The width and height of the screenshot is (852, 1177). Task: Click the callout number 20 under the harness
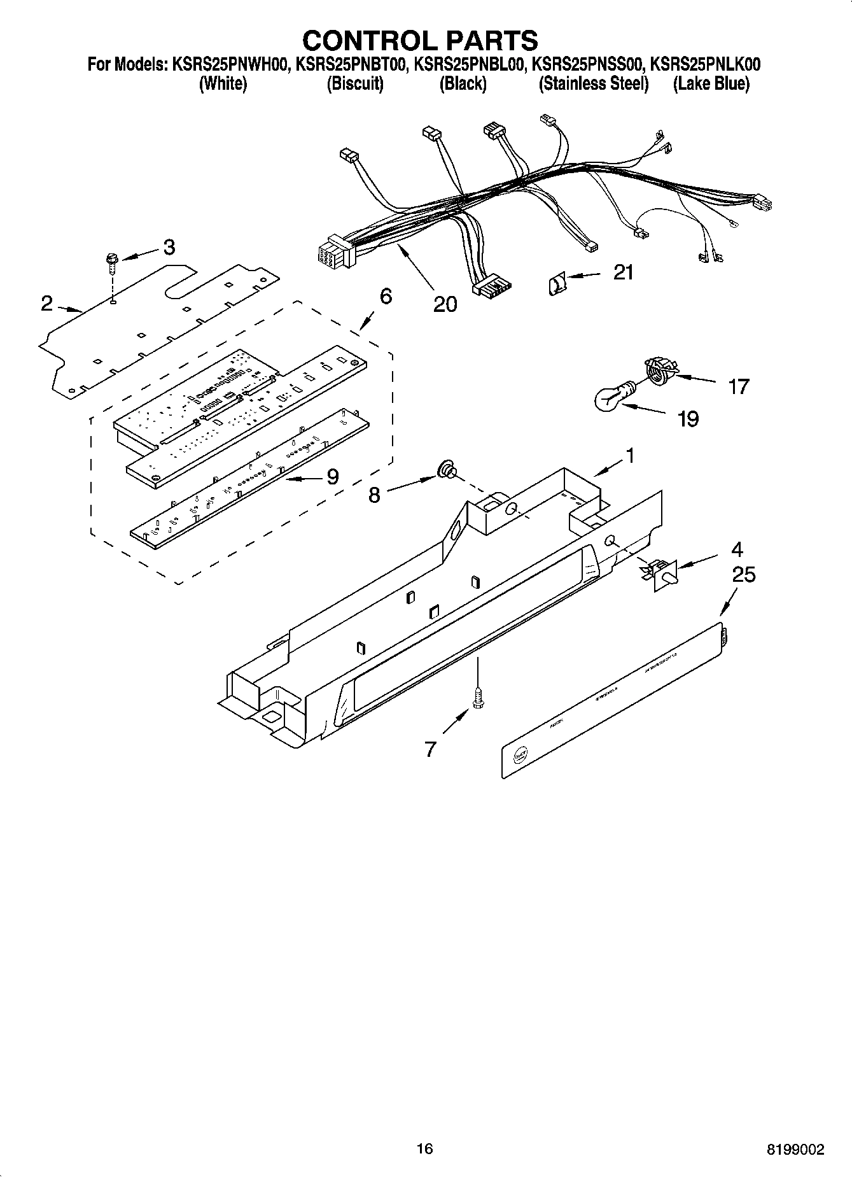pos(445,304)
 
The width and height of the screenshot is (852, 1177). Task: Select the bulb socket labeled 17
pos(659,370)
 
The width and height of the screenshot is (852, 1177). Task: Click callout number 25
pos(743,575)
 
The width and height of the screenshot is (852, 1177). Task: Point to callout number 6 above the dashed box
pos(385,296)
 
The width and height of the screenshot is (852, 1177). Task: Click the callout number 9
pos(332,477)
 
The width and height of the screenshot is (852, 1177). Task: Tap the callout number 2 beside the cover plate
pos(46,304)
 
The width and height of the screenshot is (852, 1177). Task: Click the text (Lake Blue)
pos(711,84)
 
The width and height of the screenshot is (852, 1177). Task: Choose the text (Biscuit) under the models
pos(355,84)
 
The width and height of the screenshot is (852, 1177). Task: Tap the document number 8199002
pos(795,1149)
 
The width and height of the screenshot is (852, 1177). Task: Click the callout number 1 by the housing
pos(629,456)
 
